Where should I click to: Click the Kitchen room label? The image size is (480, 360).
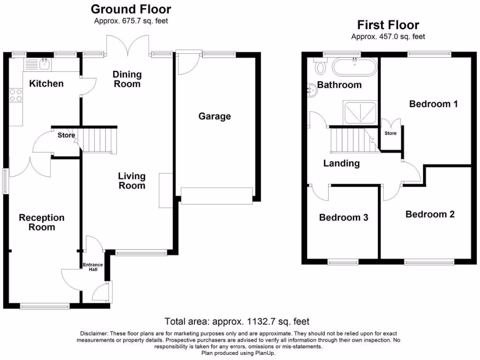[46, 84]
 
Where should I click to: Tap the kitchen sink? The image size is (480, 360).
[45, 64]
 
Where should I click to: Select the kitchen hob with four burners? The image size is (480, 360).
[15, 95]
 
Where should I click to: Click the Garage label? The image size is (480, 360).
[215, 116]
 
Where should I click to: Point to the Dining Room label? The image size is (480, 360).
[127, 79]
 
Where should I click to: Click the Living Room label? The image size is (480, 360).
[132, 181]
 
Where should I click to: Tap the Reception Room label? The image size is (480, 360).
[42, 223]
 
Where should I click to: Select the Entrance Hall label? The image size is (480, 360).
[93, 267]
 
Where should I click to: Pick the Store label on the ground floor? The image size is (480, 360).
[66, 136]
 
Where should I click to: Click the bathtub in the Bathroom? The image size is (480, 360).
[354, 67]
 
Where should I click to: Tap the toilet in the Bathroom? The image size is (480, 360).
[321, 67]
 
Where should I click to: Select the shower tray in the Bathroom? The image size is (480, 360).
[360, 112]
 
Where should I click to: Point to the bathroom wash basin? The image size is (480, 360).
[313, 90]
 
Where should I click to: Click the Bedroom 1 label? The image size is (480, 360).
[433, 104]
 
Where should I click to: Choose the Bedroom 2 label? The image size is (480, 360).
[430, 214]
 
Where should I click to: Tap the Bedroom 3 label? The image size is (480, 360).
[344, 217]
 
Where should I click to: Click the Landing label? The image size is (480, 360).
[341, 164]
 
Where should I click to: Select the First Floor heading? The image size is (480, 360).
[388, 25]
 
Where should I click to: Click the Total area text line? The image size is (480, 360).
[237, 322]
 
